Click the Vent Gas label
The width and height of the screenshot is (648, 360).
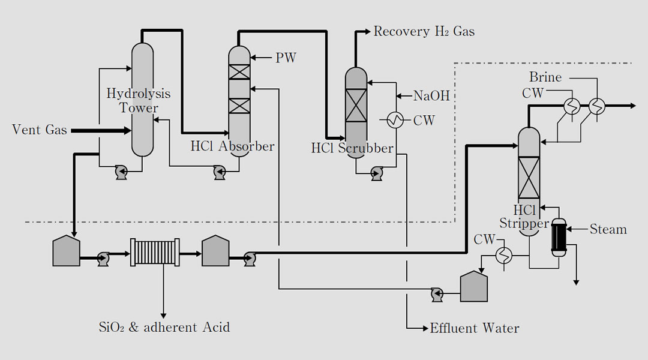[x=40, y=130]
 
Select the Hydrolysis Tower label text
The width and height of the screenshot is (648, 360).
[x=139, y=101]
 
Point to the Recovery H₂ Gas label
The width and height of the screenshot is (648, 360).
[x=424, y=31]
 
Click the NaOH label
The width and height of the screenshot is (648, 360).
[x=431, y=95]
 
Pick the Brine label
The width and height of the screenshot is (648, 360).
[x=545, y=77]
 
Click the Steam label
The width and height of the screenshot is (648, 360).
[x=608, y=229]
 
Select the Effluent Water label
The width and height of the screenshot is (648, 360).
[x=474, y=328]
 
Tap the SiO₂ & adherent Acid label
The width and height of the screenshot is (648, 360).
[x=164, y=328]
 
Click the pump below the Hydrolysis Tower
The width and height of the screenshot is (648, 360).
[x=122, y=173]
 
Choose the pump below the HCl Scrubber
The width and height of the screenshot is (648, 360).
[x=377, y=174]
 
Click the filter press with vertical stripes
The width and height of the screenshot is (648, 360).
[x=155, y=253]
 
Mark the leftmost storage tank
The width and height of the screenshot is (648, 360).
[x=67, y=250]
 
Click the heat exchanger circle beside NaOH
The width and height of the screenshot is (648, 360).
[x=394, y=121]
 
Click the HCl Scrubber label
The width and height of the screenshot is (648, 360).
[x=352, y=148]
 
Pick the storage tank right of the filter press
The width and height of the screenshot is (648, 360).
[x=215, y=250]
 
